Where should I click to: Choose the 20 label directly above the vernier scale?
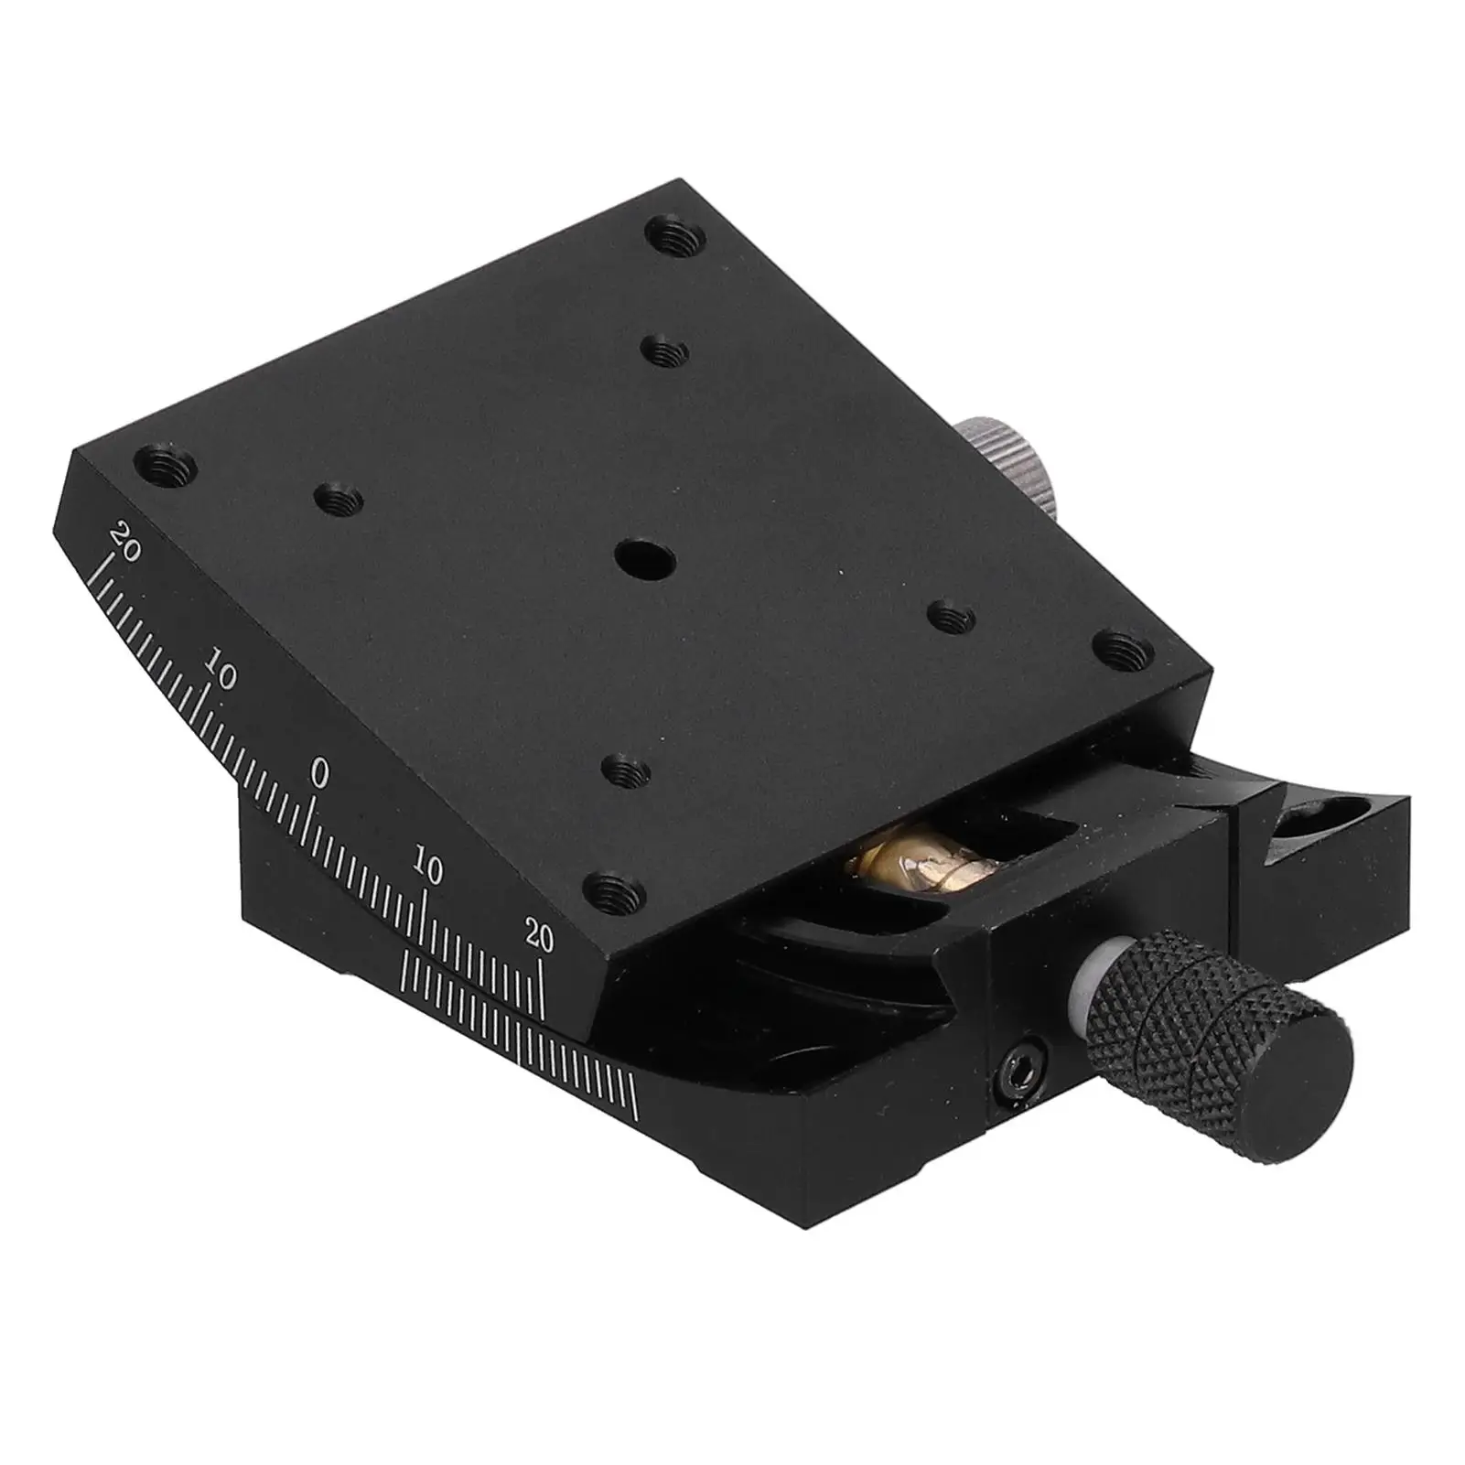point(539,938)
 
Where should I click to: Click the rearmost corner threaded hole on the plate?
point(677,239)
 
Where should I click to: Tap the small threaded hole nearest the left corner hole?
point(338,498)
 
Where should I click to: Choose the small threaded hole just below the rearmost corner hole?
point(666,350)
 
